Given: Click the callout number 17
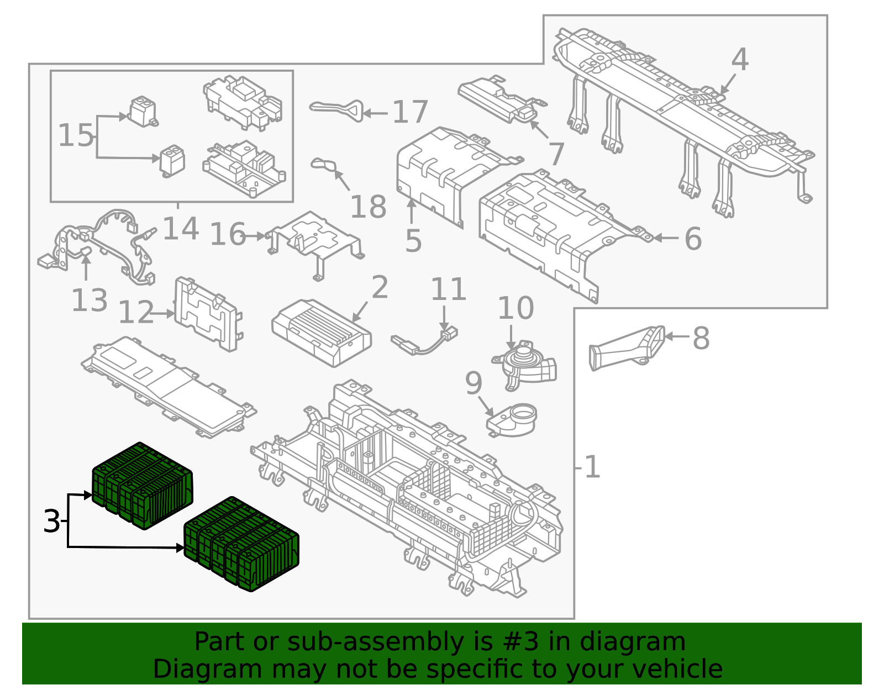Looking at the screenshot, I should tap(410, 112).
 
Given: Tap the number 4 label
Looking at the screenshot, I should tap(740, 59).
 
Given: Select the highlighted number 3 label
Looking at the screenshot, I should tap(51, 522).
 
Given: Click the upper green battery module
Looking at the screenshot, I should tap(143, 486).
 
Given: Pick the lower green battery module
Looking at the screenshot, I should tap(241, 544).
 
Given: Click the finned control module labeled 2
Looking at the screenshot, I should tap(321, 332).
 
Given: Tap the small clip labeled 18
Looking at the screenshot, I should tap(325, 165).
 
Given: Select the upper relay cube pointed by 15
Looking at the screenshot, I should tap(143, 112).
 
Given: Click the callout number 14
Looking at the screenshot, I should tap(181, 228).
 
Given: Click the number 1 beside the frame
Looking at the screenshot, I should tap(592, 467).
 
